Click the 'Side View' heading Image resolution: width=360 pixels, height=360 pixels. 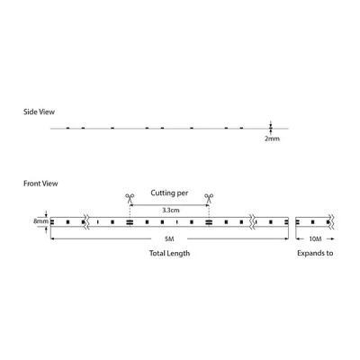pos(39,112)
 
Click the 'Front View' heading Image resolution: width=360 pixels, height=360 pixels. pos(40,184)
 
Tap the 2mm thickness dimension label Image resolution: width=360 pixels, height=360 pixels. pos(272,139)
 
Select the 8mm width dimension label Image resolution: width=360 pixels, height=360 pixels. pos(40,221)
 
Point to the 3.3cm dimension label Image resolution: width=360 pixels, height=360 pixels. pos(171,210)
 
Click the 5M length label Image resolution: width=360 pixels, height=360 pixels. pos(169,238)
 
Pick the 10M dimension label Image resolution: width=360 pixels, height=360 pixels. pos(315,238)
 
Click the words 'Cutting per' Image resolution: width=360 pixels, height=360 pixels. pos(169,193)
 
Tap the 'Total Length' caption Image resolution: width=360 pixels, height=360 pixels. pos(169,253)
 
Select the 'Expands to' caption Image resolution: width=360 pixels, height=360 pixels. pos(315,253)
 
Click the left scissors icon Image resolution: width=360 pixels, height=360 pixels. pos(130,198)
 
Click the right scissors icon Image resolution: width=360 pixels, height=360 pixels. pos(209,198)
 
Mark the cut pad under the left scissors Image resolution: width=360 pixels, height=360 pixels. pos(130,222)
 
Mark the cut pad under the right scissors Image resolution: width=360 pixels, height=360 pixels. pos(209,222)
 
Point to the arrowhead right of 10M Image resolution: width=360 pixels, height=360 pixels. pos(332,238)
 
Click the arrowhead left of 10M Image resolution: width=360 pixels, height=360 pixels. pos(298,238)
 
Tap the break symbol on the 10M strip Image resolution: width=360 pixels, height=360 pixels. pos(332,222)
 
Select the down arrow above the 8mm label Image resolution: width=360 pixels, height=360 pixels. pos(46,213)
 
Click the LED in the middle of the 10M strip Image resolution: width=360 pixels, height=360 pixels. pos(313,222)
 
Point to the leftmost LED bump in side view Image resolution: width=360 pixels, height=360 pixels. pos(67,128)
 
